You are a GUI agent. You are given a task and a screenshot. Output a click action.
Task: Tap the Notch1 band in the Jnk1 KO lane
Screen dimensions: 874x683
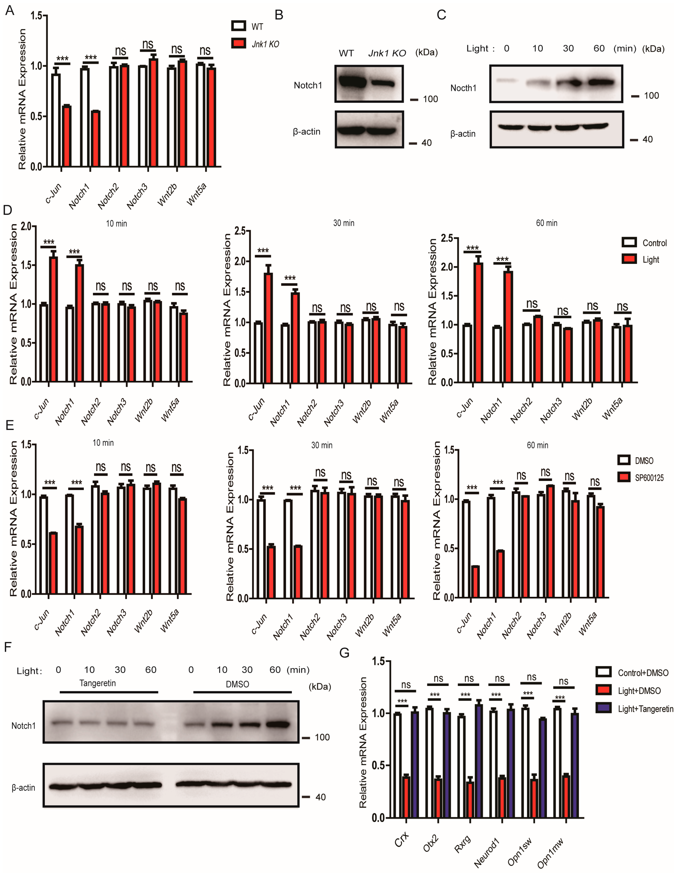click(x=383, y=83)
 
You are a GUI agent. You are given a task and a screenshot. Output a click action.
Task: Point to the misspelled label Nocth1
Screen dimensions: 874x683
click(x=463, y=88)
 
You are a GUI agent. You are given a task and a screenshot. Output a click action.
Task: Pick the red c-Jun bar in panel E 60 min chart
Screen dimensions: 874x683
click(x=475, y=582)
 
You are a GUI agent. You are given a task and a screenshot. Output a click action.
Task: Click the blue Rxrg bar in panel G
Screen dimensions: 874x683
click(x=479, y=760)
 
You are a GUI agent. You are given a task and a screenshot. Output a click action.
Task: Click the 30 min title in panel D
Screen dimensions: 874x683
click(x=344, y=223)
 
